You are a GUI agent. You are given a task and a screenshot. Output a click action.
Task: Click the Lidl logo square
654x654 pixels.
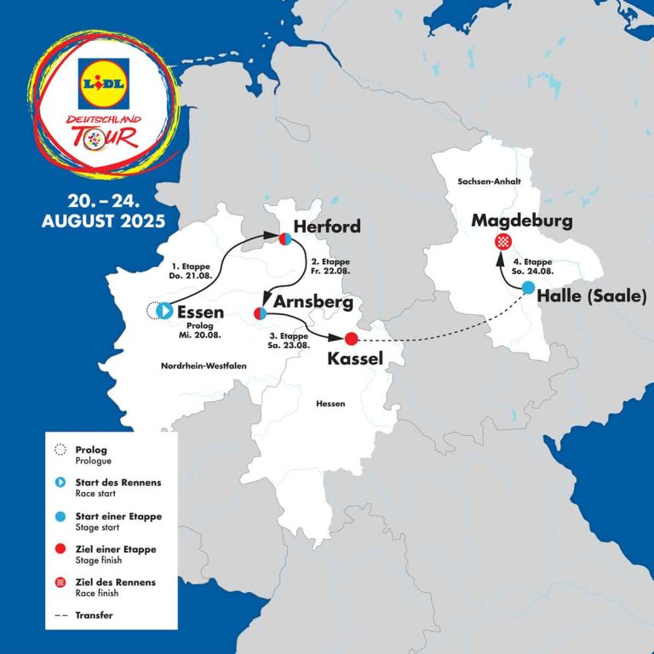[102, 83]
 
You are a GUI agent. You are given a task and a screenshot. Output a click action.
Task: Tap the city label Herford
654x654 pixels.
[327, 226]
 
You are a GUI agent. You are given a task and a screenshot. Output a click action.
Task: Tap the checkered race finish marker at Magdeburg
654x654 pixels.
[502, 242]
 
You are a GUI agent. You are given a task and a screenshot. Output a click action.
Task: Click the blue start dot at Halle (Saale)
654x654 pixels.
[529, 288]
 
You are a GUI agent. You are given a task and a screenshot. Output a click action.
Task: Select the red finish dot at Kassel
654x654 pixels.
[352, 338]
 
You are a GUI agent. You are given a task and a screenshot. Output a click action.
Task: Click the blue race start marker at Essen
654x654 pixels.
[165, 311]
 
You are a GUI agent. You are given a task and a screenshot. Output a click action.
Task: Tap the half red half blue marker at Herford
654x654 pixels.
[285, 240]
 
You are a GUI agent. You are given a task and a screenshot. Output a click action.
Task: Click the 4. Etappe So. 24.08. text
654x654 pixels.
[538, 266]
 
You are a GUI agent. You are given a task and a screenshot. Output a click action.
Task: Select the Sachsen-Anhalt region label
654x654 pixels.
[489, 182]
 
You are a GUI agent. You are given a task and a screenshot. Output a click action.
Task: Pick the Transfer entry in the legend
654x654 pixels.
[93, 614]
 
